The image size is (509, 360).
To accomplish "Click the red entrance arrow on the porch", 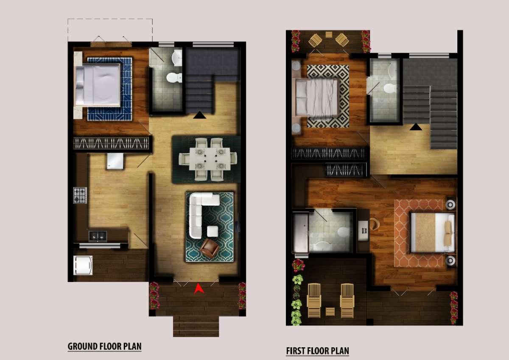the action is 199,288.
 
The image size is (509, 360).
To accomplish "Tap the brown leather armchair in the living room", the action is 209,248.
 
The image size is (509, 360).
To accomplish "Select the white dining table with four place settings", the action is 210,159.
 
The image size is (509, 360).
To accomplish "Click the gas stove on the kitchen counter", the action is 80,195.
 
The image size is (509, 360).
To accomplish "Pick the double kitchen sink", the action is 98,237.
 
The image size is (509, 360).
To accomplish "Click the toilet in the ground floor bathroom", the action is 174,78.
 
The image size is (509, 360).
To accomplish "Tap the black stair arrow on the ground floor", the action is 199,115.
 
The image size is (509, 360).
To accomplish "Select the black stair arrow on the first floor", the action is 416,127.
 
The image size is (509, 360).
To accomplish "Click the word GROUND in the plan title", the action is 82,346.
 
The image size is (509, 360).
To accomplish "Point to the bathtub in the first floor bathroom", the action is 301,233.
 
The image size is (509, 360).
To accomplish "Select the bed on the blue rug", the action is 98,85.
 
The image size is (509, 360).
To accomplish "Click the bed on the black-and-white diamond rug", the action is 316,97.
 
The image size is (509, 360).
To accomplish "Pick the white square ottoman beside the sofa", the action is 213,232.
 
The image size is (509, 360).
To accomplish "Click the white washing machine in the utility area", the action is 83,265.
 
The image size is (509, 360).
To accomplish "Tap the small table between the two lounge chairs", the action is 330,312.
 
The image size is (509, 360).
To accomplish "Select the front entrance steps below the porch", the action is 196,327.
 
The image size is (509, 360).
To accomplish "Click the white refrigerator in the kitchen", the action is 115,161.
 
